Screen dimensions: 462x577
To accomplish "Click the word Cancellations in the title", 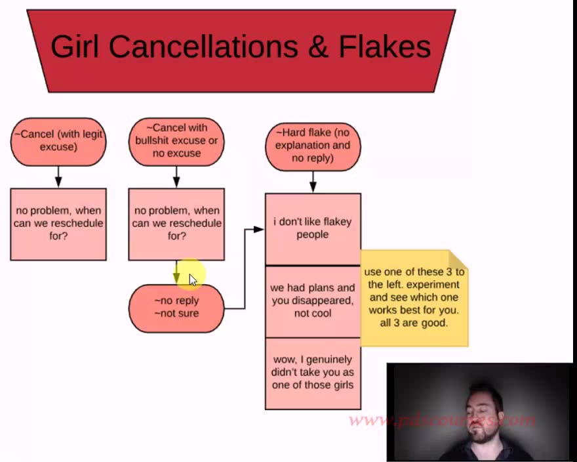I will point(195,47).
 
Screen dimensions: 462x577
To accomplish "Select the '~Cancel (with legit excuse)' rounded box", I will point(58,140).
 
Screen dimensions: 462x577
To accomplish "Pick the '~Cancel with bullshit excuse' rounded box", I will point(176,140).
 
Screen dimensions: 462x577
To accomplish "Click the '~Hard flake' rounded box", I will point(313,146).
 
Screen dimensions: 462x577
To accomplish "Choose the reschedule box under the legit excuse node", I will point(58,224).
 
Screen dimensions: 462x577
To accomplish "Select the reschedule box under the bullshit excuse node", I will point(176,224).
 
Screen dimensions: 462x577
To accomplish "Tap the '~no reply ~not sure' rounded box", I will point(176,307).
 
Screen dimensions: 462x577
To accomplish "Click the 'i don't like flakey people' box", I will point(313,228).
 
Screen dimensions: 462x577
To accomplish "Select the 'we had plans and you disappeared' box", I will point(313,301).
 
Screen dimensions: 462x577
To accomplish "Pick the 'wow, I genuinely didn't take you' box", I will point(313,372).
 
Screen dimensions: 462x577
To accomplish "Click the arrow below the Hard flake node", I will point(313,182).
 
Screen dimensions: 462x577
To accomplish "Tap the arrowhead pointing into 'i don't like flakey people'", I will point(260,229).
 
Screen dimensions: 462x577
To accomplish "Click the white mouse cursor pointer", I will point(193,280).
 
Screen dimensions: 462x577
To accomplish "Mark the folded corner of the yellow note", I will point(458,259).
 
